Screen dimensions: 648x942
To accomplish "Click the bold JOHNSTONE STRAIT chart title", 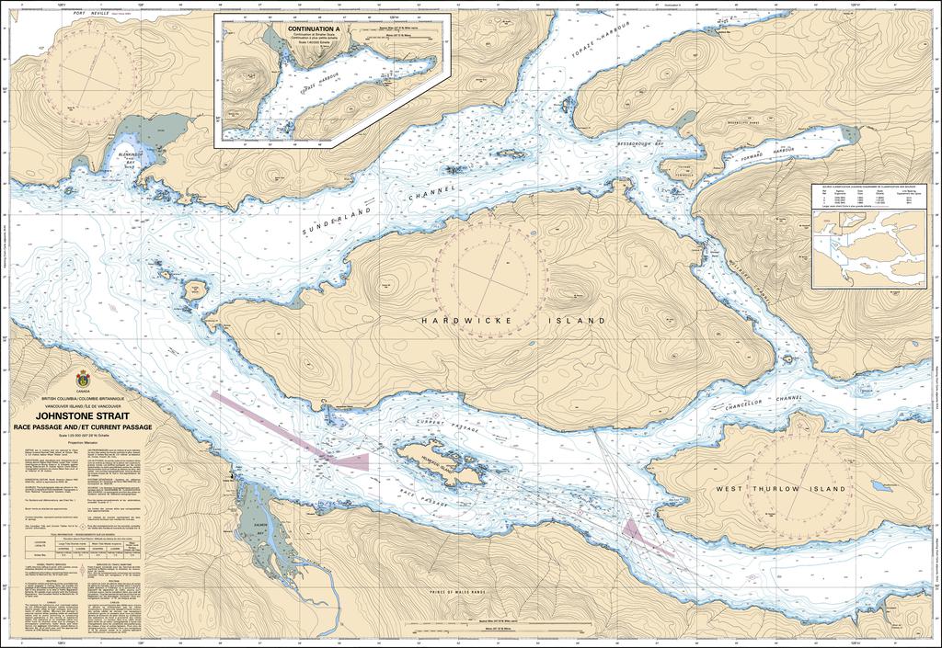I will (x=82, y=417).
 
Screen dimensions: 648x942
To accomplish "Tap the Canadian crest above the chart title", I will (x=83, y=379).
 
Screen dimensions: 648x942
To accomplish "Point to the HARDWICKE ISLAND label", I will (x=513, y=322).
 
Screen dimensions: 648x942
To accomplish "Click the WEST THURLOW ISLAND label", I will (x=780, y=490).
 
